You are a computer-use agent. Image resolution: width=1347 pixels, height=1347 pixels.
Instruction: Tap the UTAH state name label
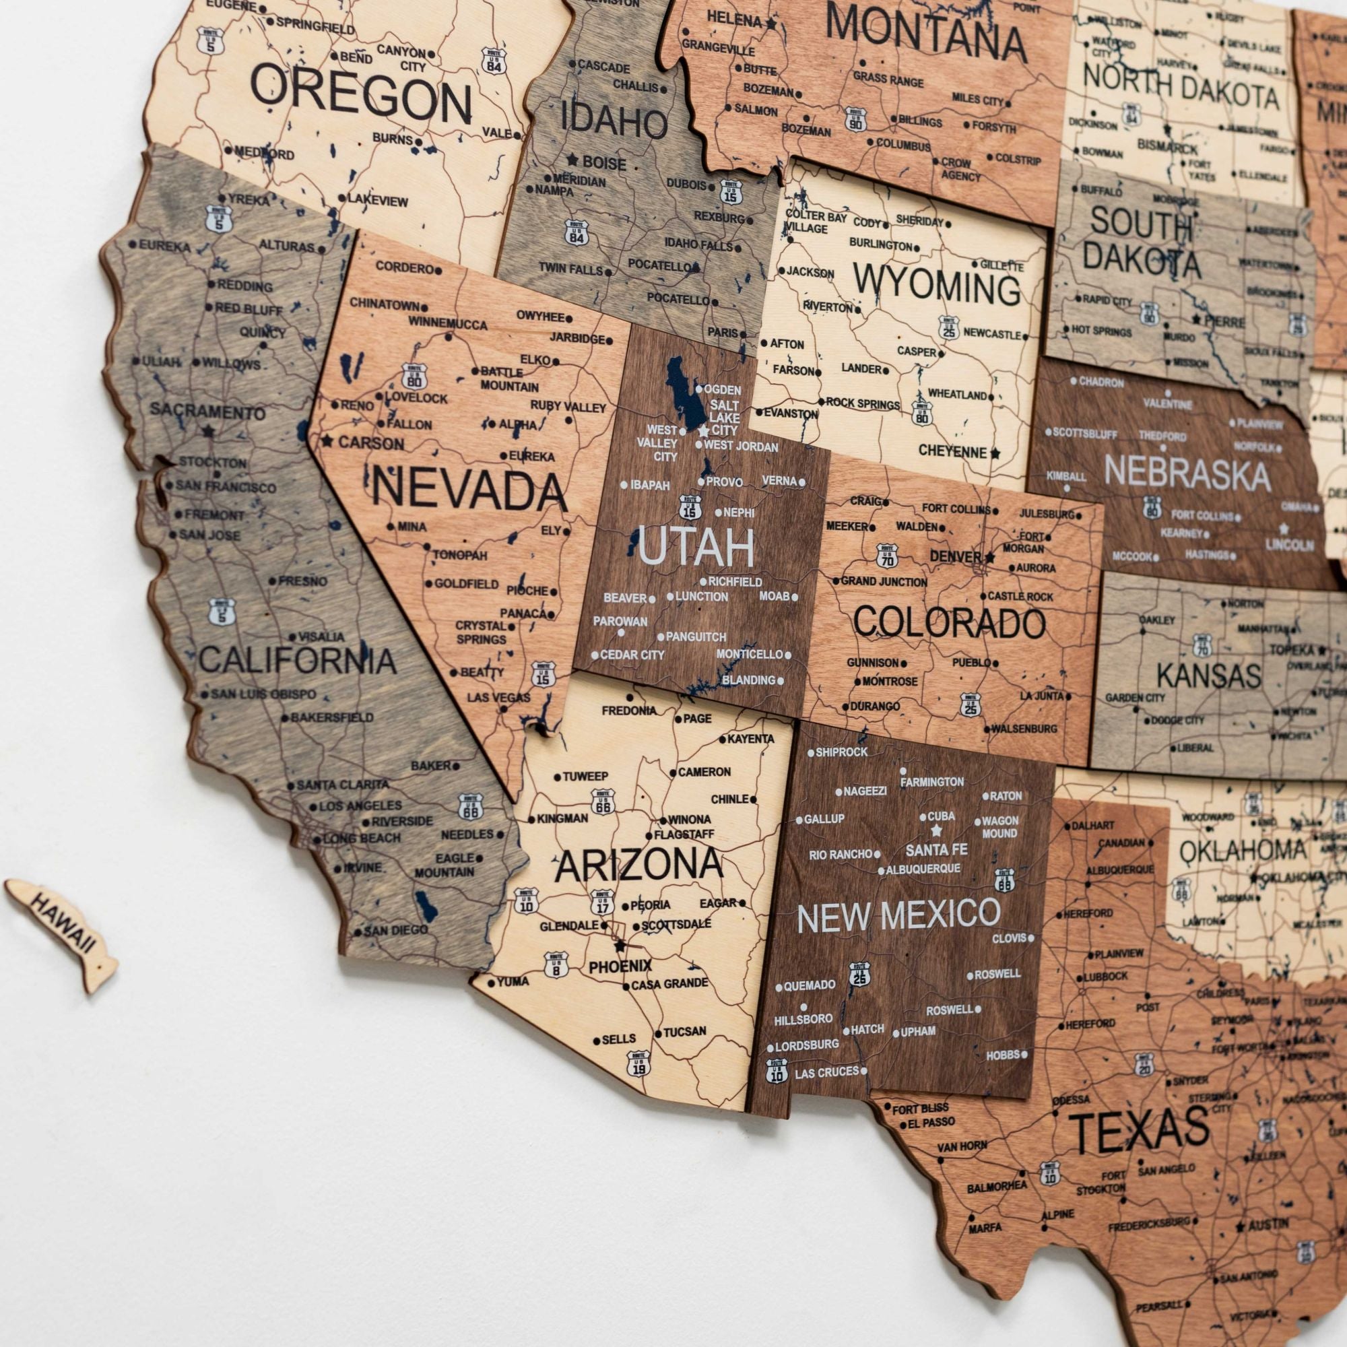click(x=696, y=548)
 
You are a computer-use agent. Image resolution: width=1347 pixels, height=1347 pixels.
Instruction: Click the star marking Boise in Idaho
click(x=573, y=160)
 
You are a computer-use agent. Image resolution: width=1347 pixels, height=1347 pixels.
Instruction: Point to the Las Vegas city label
click(x=498, y=698)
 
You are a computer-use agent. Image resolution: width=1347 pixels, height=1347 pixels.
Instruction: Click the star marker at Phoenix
click(x=620, y=947)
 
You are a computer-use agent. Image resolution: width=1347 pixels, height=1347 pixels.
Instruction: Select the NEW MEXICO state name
click(x=898, y=915)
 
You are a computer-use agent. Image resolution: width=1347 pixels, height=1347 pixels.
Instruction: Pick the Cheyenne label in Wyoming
click(x=952, y=452)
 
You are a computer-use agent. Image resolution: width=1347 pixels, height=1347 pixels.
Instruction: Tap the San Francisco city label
click(x=225, y=488)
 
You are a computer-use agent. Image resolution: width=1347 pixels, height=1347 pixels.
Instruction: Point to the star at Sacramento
click(x=207, y=432)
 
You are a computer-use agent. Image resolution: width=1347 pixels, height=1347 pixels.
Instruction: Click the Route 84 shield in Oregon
click(x=494, y=61)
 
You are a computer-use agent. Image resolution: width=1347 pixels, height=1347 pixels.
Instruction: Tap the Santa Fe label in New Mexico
click(x=936, y=850)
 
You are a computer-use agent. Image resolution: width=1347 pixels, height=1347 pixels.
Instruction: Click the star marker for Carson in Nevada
click(x=327, y=441)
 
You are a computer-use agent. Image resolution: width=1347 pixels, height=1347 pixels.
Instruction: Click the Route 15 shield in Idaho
click(x=730, y=191)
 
